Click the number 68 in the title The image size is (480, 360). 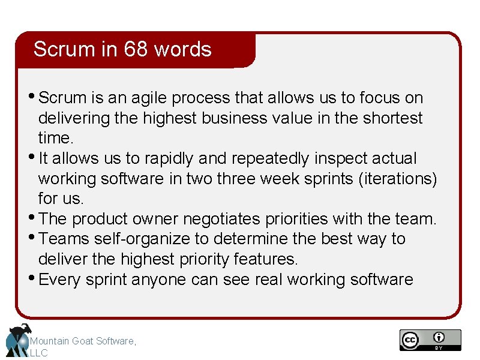click(x=136, y=49)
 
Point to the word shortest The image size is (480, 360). click(x=392, y=118)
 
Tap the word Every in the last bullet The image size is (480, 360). click(x=60, y=280)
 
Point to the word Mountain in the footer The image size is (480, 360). click(x=50, y=341)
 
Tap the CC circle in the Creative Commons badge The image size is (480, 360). click(x=410, y=340)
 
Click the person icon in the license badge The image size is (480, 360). click(x=439, y=337)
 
